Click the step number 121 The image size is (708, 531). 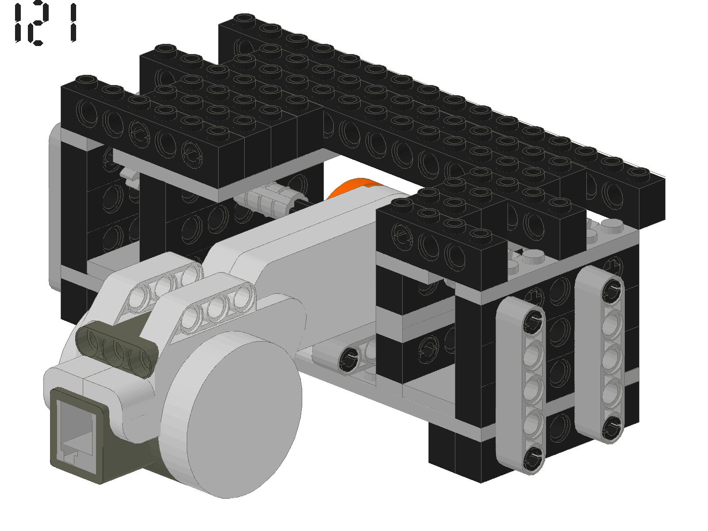45,23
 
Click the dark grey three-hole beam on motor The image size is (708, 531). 117,349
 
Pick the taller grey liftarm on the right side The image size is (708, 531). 600,354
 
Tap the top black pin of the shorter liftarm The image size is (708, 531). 533,321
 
